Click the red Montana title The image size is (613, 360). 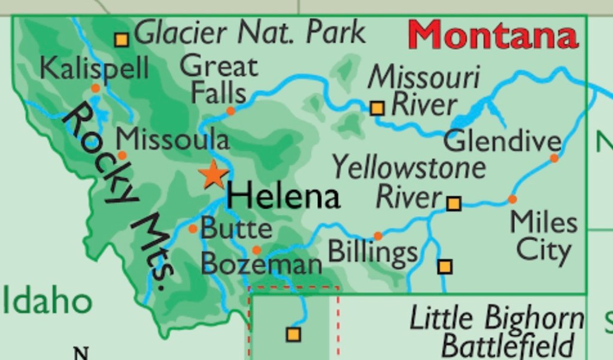coord(494,36)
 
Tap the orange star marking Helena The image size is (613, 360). coord(213,176)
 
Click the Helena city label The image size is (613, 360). coord(284,196)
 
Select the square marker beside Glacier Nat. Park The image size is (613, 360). coord(122,40)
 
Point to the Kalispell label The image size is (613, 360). coord(94,68)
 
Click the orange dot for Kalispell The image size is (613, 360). coord(95,88)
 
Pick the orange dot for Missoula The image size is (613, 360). coord(122,155)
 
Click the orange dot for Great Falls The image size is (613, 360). coord(230,111)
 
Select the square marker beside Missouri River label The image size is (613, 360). coord(377,108)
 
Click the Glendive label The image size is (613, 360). coord(502,142)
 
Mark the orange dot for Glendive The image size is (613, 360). coord(554,158)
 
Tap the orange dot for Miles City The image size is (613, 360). coord(512,199)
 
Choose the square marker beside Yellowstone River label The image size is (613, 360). coord(454,204)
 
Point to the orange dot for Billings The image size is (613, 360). coord(378,236)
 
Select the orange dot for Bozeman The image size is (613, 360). coord(256,250)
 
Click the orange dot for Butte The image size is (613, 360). coord(193,229)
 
